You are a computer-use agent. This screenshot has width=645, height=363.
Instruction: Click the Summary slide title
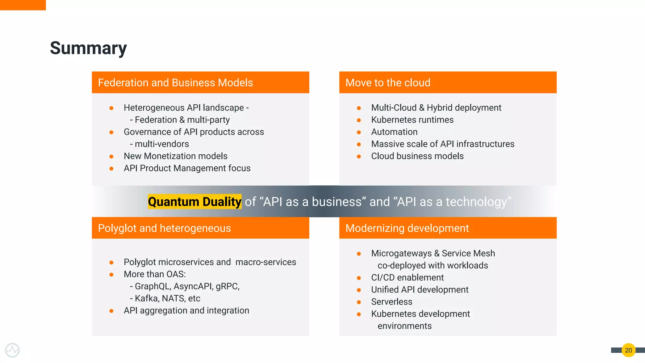tap(88, 48)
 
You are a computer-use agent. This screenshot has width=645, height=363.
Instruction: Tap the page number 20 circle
tap(628, 350)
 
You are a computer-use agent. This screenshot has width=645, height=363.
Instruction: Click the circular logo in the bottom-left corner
tap(12, 350)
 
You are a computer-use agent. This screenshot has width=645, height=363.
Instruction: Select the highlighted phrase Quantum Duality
tap(195, 202)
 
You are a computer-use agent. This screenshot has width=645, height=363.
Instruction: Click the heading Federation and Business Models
tap(175, 83)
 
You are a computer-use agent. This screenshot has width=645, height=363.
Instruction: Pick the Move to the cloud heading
tap(388, 83)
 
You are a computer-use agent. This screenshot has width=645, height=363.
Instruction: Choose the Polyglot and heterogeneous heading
tap(164, 228)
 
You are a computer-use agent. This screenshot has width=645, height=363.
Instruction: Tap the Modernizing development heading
tap(407, 228)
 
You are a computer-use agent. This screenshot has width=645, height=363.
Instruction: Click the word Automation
tap(394, 132)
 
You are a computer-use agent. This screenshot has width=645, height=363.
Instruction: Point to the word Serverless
tap(391, 302)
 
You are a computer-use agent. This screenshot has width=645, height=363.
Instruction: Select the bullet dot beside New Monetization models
tap(111, 156)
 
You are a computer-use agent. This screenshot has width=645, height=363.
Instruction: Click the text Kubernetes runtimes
tap(412, 120)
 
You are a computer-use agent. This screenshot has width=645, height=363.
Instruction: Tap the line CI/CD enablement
tap(407, 277)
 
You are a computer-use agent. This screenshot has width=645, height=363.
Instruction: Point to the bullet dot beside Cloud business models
tap(359, 156)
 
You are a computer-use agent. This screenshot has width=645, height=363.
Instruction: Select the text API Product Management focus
tap(187, 168)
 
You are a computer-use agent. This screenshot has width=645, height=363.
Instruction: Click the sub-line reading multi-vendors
tap(162, 144)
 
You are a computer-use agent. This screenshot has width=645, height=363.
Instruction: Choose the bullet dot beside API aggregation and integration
tap(111, 311)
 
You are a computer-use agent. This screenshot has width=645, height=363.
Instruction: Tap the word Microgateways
tap(401, 253)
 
